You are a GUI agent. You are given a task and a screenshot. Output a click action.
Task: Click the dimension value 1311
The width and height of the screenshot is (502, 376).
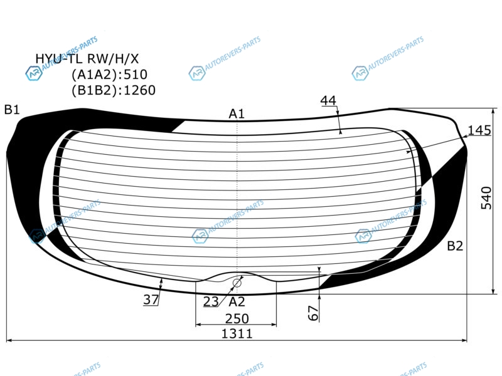tap(237, 334)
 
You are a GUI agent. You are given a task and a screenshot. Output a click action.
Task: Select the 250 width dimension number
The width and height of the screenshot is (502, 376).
tap(237, 319)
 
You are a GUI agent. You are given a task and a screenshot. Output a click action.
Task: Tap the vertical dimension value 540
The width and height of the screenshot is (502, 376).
tap(486, 198)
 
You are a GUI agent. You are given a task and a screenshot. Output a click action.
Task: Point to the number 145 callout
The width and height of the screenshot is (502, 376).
tap(479, 130)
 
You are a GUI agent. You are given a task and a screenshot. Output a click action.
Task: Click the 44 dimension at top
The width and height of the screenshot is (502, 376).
tap(328, 101)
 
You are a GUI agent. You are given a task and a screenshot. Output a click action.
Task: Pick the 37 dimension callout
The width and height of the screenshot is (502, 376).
tap(151, 300)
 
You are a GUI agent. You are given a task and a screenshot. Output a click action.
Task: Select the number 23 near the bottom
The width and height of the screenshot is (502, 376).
tap(211, 301)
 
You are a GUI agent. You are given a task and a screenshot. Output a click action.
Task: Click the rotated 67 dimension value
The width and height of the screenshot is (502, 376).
tap(313, 313)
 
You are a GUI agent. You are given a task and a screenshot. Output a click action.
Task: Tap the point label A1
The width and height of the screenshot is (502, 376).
tap(237, 114)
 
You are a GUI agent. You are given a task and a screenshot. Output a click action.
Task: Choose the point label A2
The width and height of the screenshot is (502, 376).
tap(237, 301)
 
